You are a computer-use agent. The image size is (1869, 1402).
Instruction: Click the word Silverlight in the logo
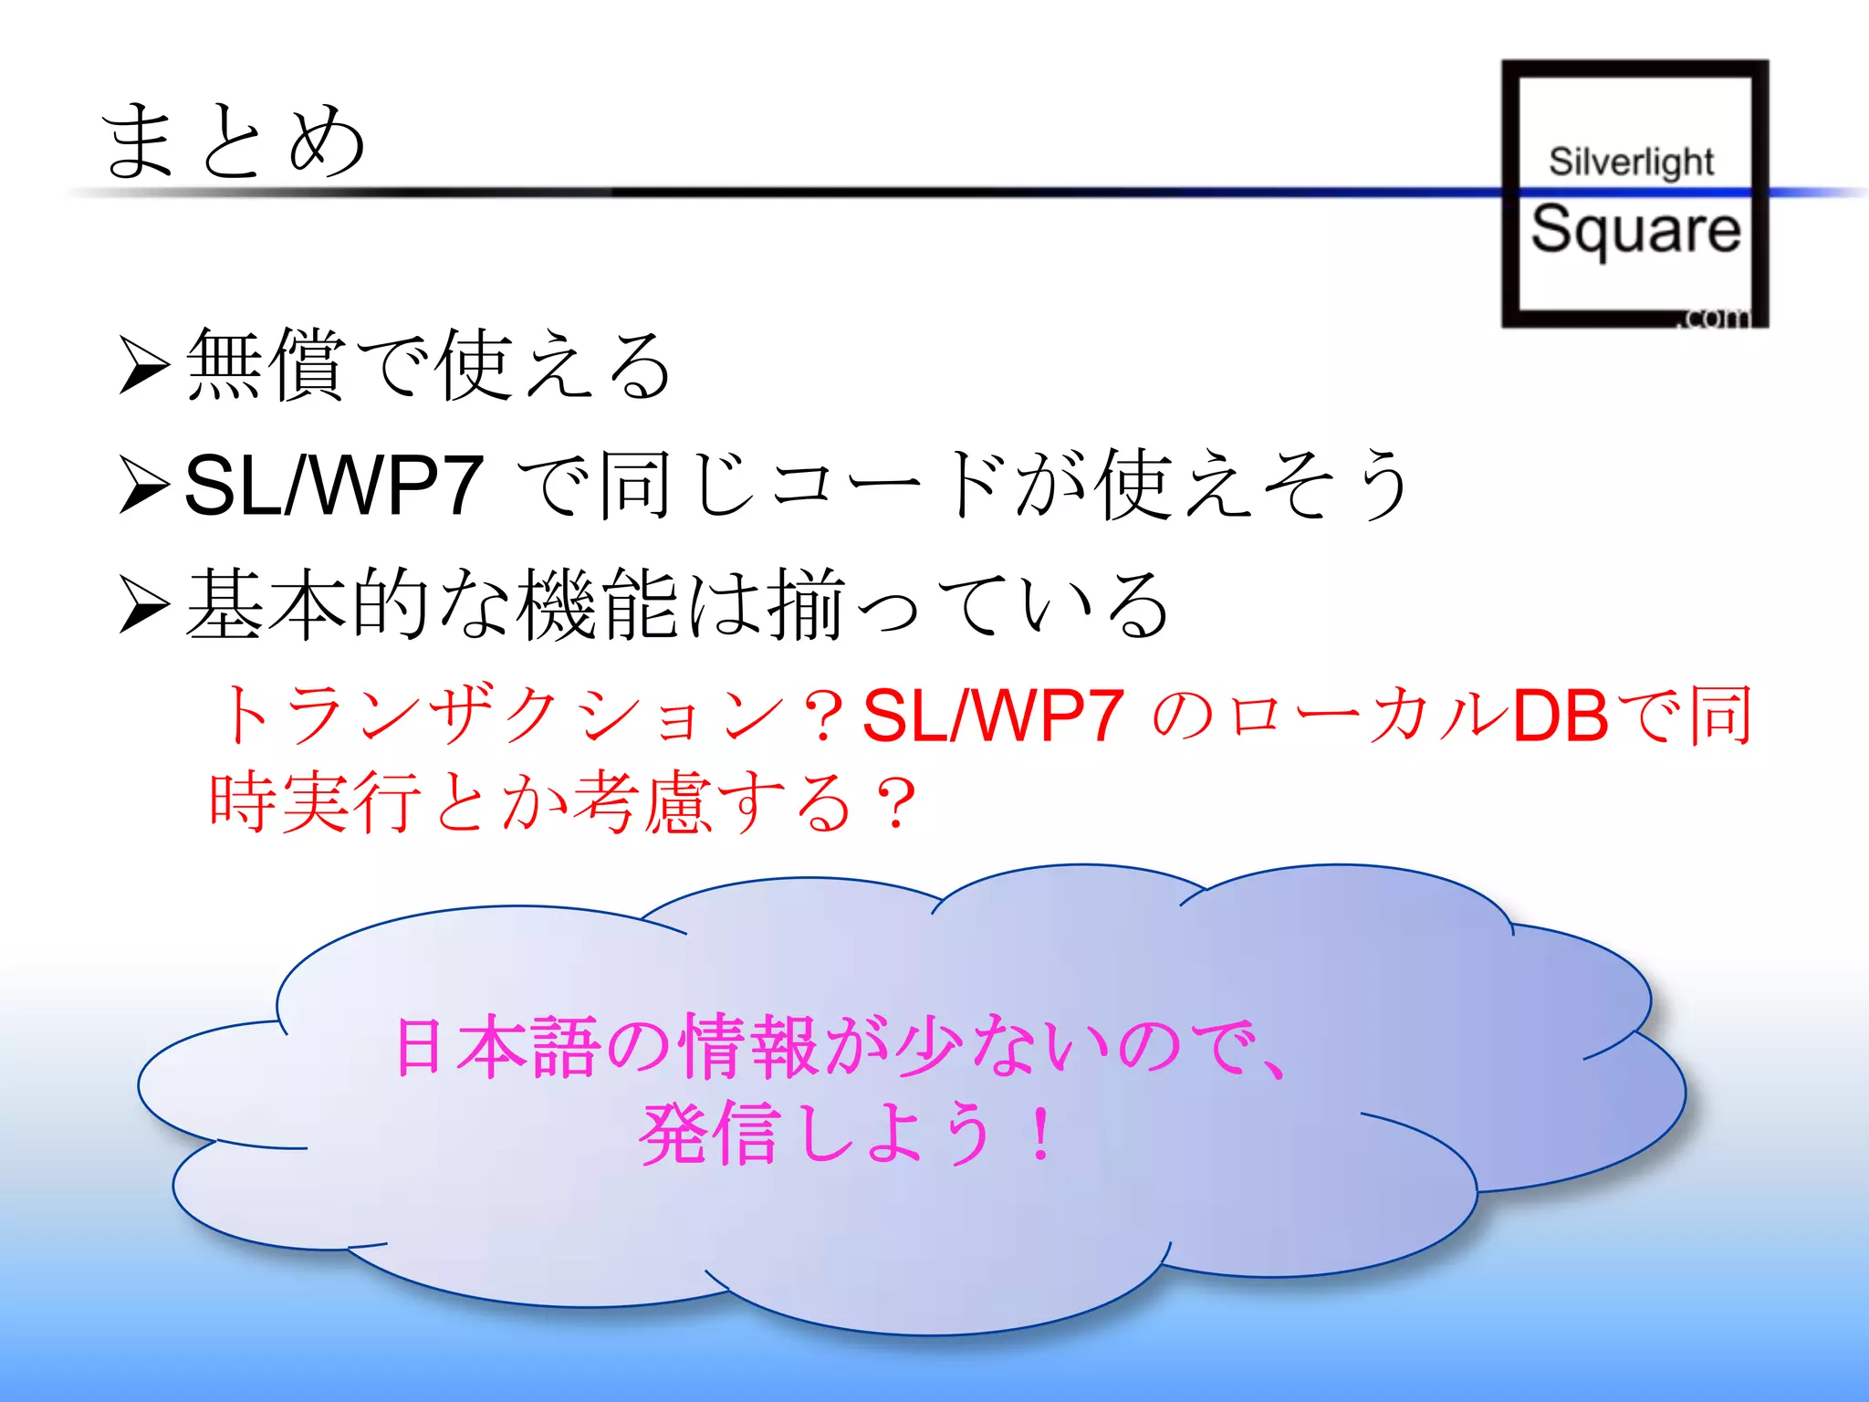tap(1631, 162)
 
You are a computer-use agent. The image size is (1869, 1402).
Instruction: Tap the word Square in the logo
tap(1635, 229)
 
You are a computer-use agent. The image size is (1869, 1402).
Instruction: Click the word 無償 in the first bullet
tap(266, 365)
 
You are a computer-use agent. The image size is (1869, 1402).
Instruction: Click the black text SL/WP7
tap(333, 485)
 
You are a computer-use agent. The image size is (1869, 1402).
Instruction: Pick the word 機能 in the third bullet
tap(598, 604)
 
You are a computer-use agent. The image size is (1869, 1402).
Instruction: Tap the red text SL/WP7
tap(993, 715)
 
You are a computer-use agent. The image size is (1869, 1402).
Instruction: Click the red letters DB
tap(1560, 715)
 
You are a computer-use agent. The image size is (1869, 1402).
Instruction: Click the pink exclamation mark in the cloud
tap(1039, 1134)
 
